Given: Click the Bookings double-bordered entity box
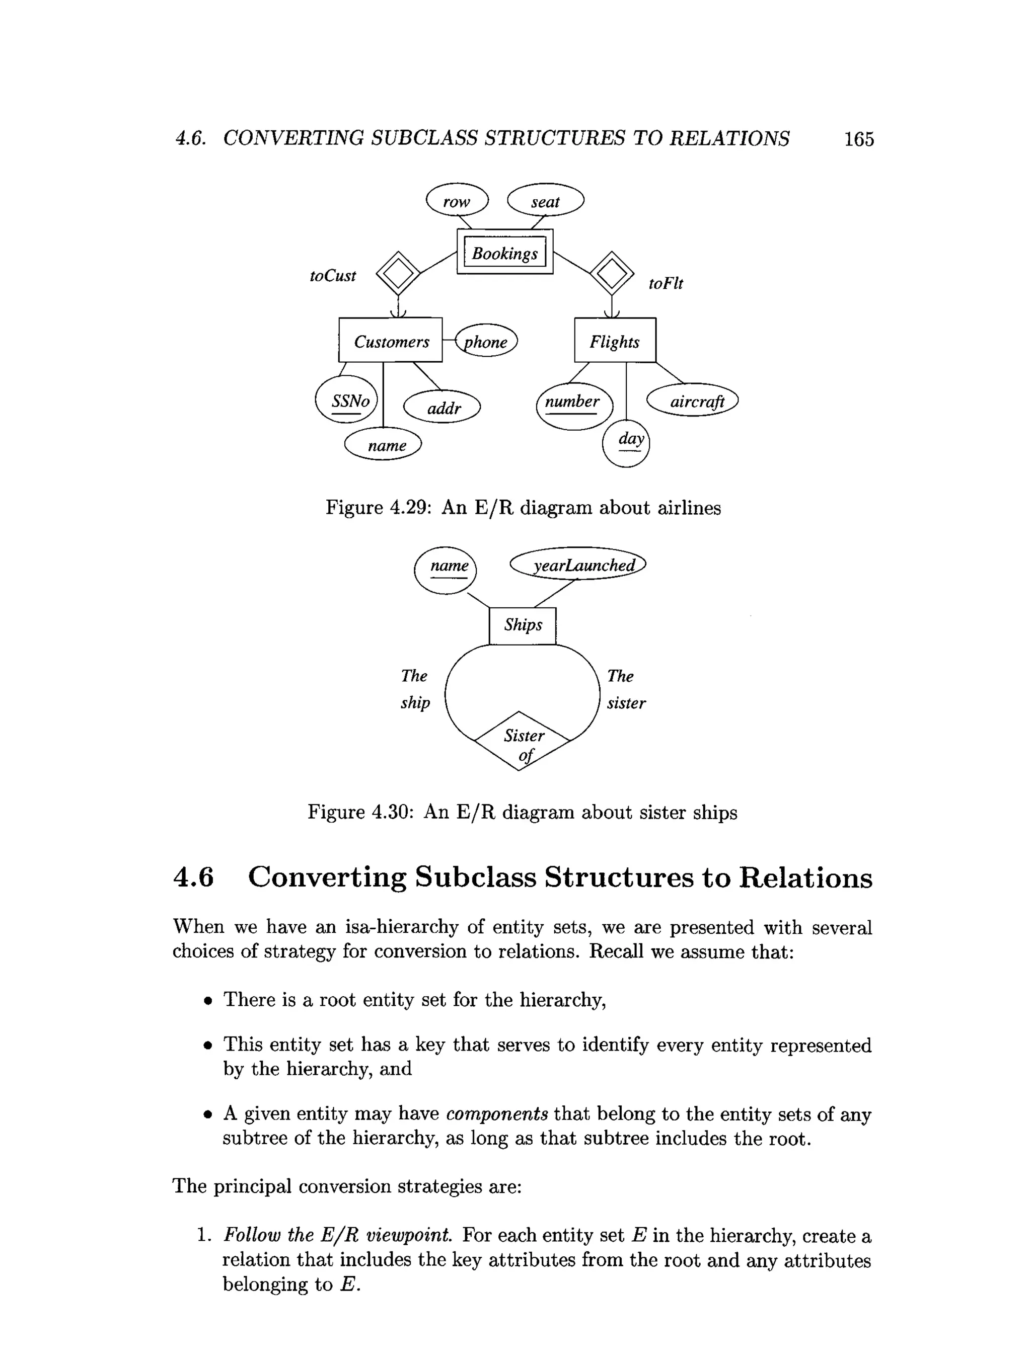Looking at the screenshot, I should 504,252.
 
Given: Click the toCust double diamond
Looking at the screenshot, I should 398,273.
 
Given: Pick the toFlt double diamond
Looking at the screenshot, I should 611,273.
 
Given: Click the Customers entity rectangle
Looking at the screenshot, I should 390,341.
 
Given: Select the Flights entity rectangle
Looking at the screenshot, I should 615,341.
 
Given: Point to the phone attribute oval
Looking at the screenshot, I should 486,341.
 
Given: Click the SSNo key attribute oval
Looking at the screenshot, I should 346,400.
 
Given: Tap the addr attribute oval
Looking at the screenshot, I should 442,407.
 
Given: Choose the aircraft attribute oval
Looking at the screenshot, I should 692,400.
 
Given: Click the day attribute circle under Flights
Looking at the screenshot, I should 626,443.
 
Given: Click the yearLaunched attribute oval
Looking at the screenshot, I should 578,564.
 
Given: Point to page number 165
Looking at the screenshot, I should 859,139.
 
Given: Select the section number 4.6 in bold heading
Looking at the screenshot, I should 194,877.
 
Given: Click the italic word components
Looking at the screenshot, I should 496,1114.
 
